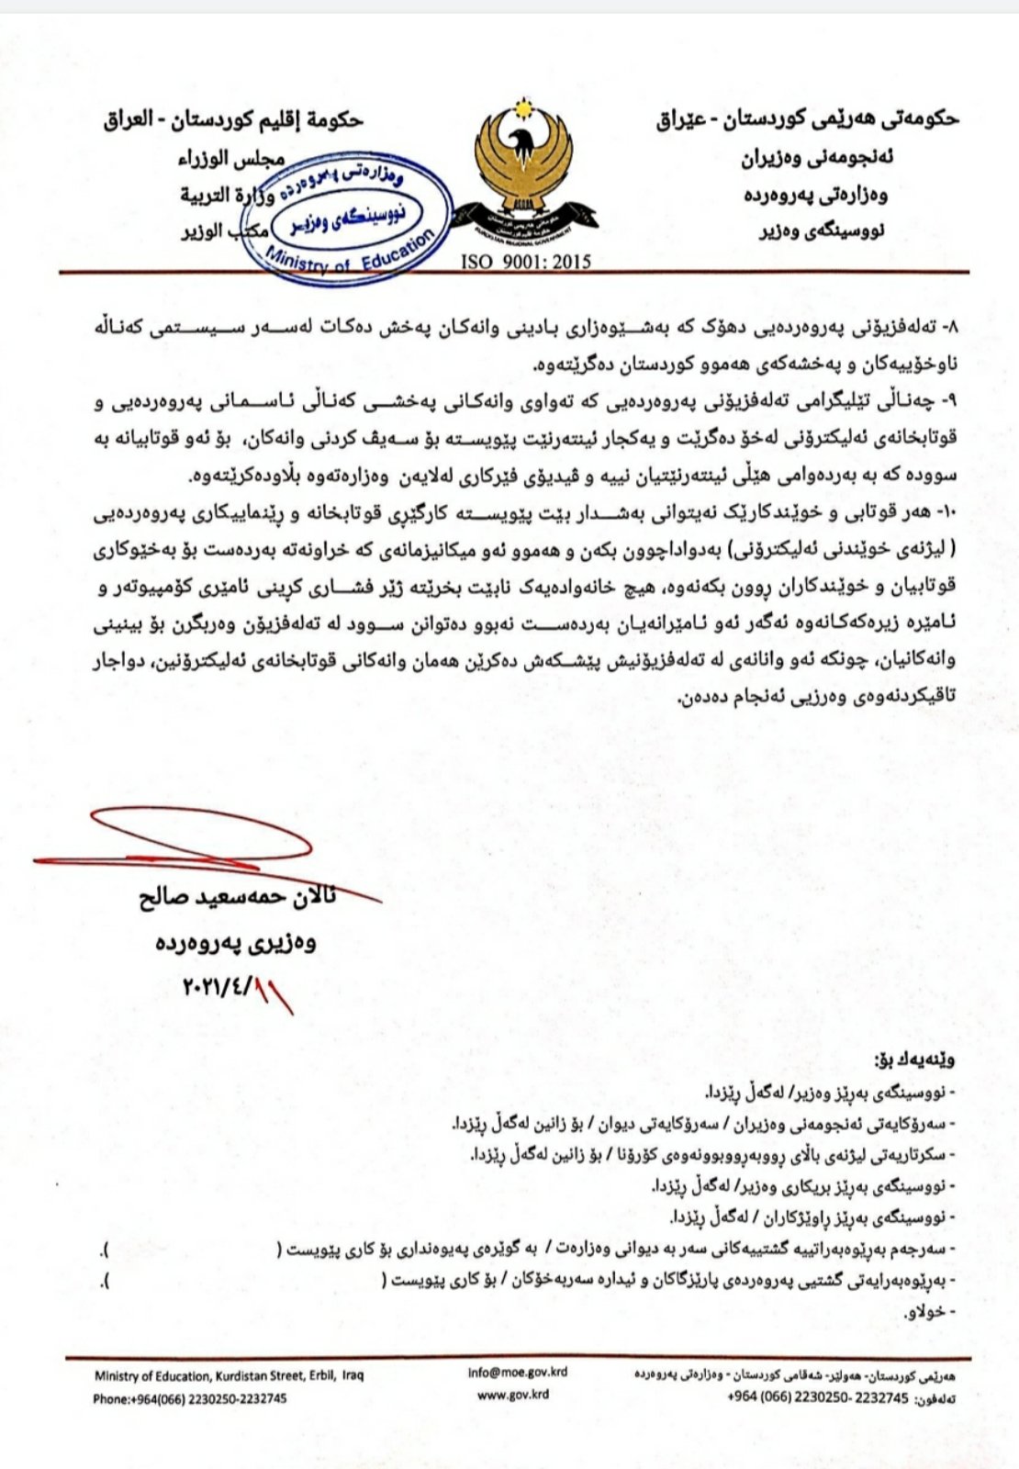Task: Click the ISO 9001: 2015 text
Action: [x=526, y=262]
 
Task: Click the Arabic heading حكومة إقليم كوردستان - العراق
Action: [x=233, y=120]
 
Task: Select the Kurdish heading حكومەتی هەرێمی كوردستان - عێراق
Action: [x=808, y=118]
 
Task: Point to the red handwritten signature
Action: [x=184, y=845]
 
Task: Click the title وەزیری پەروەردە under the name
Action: [x=236, y=942]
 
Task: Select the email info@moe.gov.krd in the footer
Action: [x=517, y=1372]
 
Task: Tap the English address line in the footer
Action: [x=229, y=1375]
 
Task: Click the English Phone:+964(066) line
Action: [x=189, y=1398]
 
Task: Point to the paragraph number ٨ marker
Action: [x=950, y=327]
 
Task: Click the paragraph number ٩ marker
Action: [x=950, y=402]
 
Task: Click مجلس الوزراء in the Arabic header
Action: [x=230, y=158]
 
